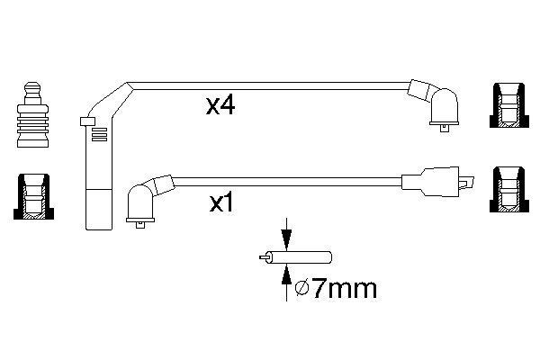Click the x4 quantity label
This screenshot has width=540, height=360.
tap(220, 107)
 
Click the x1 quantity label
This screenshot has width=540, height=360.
tap(221, 205)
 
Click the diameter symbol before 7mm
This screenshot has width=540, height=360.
tap(303, 289)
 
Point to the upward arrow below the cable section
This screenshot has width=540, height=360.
tap(285, 278)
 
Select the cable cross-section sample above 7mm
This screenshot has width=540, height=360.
tap(298, 257)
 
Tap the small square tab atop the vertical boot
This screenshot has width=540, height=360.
tap(87, 121)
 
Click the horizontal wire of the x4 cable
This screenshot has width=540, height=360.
tap(270, 87)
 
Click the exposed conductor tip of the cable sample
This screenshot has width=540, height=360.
tap(262, 258)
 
